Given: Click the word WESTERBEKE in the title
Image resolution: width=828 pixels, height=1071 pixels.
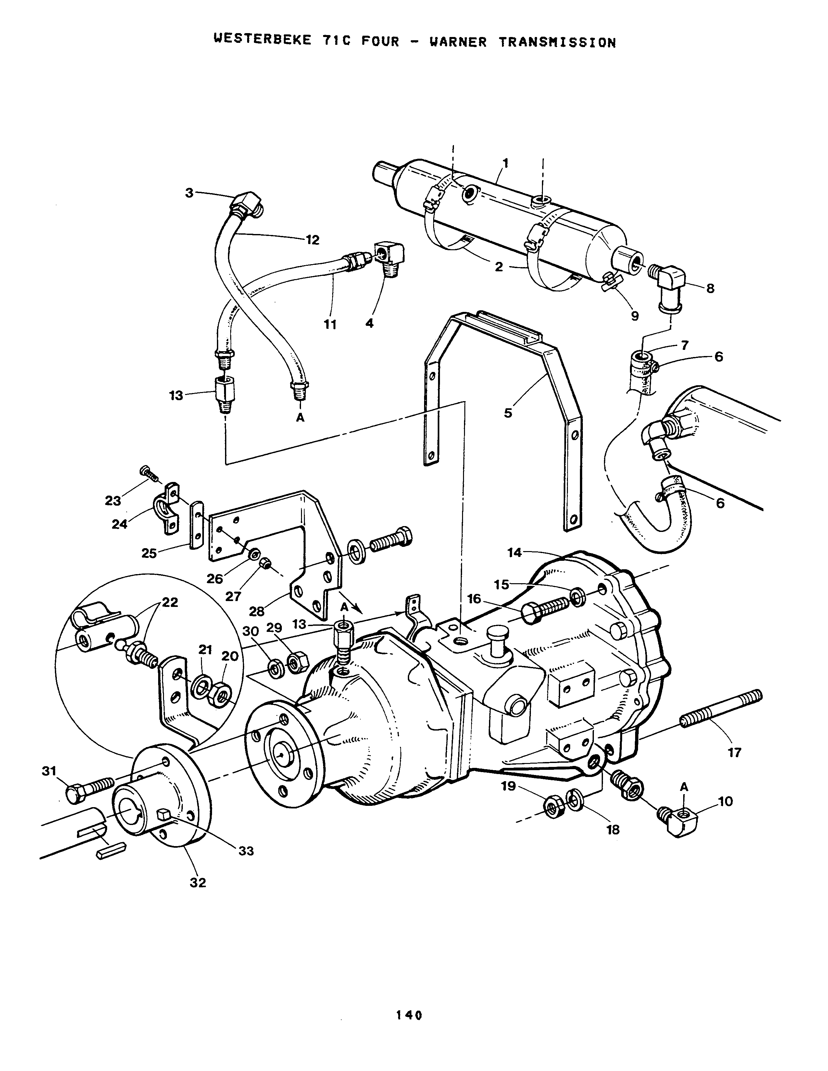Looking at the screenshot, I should pyautogui.click(x=262, y=40).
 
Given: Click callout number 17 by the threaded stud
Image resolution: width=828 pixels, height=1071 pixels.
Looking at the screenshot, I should pyautogui.click(x=734, y=752).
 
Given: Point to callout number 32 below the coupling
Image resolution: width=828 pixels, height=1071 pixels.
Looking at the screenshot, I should pyautogui.click(x=198, y=882).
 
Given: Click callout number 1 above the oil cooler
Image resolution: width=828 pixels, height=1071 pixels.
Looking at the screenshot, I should pyautogui.click(x=506, y=163).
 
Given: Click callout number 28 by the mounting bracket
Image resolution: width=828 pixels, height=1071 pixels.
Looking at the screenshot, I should pyautogui.click(x=257, y=611).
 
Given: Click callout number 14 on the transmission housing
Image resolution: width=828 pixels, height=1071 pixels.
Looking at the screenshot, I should pyautogui.click(x=515, y=553).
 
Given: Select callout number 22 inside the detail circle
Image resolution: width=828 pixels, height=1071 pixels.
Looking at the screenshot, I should pyautogui.click(x=170, y=602).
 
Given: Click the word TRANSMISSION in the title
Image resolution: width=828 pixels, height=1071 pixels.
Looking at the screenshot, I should pyautogui.click(x=557, y=42).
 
